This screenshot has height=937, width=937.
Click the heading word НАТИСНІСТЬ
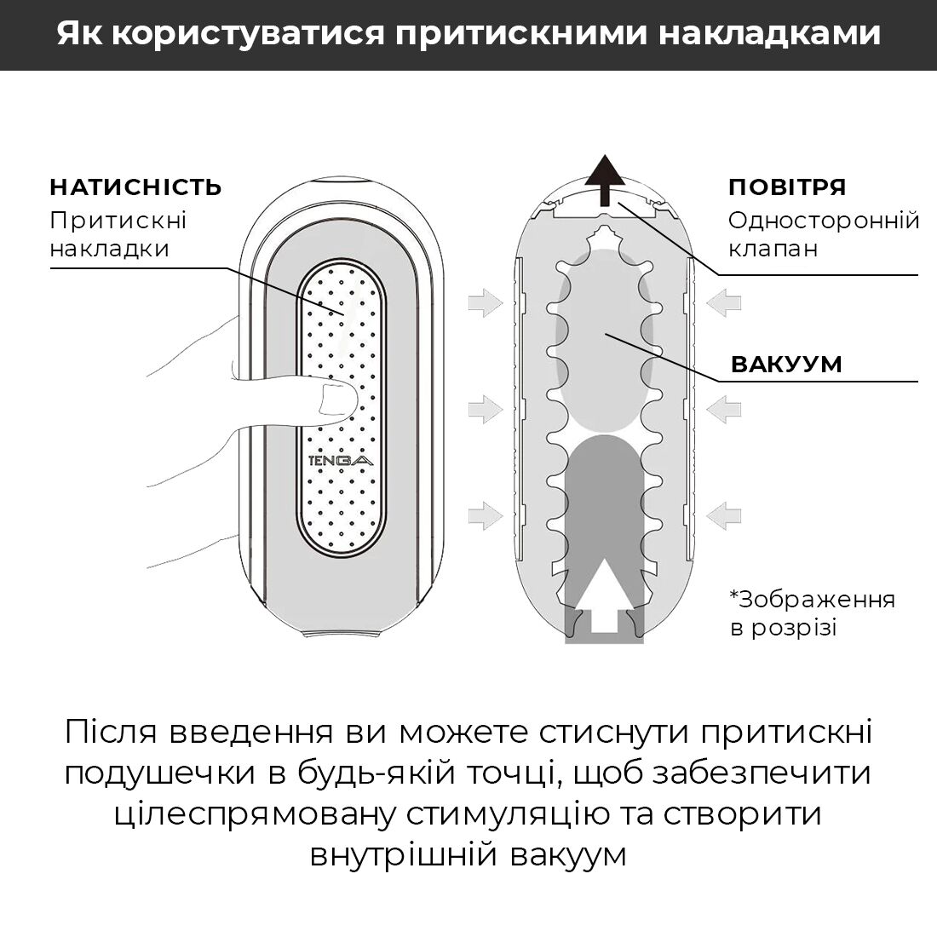[x=135, y=187]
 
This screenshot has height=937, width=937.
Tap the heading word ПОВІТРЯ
[x=786, y=187]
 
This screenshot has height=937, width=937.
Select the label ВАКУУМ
[x=786, y=365]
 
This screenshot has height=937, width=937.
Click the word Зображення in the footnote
[x=816, y=600]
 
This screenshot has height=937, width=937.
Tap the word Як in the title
[x=78, y=34]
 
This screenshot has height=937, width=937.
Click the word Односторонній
[x=824, y=221]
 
